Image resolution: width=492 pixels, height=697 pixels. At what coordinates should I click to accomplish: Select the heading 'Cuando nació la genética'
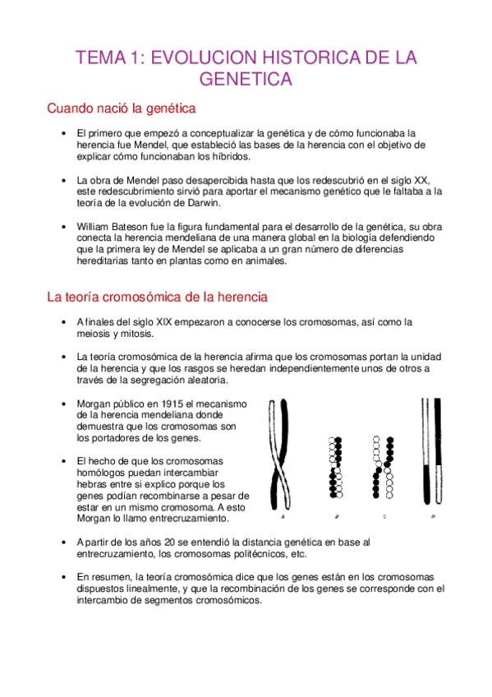point(121,108)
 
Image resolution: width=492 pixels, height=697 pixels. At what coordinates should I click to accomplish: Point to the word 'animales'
point(264,261)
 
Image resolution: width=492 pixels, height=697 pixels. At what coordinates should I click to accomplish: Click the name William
point(95,226)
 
